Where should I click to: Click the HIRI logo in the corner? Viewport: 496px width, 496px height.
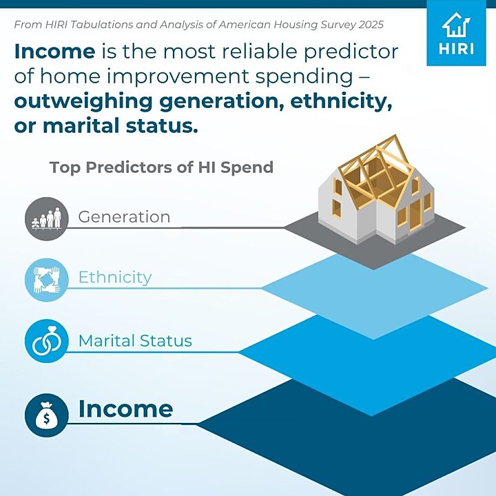[456, 37]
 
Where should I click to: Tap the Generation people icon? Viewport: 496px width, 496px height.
[47, 218]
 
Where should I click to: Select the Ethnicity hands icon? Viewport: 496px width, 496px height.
[47, 280]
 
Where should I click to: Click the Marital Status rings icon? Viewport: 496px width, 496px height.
[47, 341]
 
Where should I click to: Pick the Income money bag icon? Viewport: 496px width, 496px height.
[47, 415]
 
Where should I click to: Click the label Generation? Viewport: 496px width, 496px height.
[124, 217]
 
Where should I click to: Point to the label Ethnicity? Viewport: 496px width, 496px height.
[115, 278]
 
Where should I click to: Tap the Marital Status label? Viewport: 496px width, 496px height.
[135, 341]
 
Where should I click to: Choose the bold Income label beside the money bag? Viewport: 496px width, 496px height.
[125, 409]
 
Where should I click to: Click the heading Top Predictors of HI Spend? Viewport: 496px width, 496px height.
[161, 167]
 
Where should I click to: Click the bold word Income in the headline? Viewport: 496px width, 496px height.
[54, 51]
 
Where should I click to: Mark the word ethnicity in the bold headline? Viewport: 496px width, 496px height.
[341, 102]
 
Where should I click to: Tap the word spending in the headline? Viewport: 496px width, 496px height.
[304, 77]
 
